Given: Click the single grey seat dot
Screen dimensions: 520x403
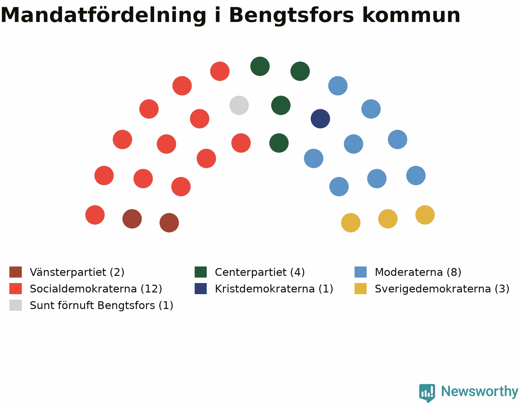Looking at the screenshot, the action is click(239, 105).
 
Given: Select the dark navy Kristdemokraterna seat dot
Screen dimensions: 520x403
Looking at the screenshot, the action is click(320, 119).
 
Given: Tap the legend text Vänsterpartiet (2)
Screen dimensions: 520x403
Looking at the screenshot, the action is click(77, 272).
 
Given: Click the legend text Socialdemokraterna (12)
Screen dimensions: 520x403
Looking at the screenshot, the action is click(96, 289).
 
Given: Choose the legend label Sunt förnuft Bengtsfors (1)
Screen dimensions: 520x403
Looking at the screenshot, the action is click(101, 305).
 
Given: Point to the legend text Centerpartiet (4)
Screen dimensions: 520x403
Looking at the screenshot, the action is click(260, 272).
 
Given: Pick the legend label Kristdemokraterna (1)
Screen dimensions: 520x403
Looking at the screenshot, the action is click(274, 289).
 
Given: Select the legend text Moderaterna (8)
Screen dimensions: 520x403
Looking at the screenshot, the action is click(418, 272).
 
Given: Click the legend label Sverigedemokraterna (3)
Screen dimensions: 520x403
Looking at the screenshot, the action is click(442, 289).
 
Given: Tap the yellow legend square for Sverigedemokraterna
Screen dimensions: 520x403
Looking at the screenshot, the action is click(360, 289).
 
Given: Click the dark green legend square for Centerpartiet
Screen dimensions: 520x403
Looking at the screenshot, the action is click(201, 272).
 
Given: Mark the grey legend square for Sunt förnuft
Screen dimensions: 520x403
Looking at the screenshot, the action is click(16, 305).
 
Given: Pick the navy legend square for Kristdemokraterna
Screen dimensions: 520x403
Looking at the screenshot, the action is click(201, 289).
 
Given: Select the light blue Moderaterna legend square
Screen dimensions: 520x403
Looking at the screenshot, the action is click(360, 272).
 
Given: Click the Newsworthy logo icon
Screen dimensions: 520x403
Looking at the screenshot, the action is click(427, 393).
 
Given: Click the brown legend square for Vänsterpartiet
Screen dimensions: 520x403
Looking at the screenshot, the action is click(16, 272).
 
